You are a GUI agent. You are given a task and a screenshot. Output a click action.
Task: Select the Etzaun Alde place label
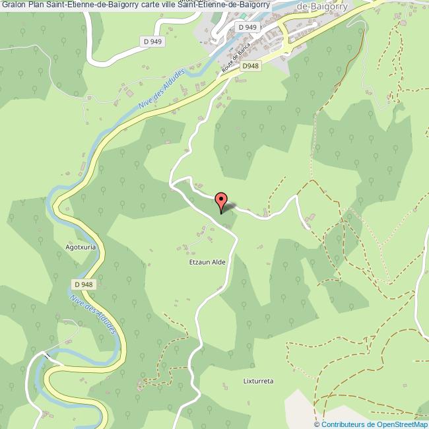(207, 262)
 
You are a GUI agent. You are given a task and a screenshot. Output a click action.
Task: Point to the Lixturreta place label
(258, 381)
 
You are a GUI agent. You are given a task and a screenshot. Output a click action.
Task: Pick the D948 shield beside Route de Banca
(249, 66)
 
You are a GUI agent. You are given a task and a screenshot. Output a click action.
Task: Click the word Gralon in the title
(13, 5)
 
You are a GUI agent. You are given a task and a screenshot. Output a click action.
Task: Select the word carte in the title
(151, 5)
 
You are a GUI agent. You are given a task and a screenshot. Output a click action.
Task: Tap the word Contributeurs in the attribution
(345, 424)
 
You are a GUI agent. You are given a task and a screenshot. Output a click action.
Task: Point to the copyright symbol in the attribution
(318, 424)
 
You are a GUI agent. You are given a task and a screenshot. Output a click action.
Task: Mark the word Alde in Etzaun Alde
(218, 262)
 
